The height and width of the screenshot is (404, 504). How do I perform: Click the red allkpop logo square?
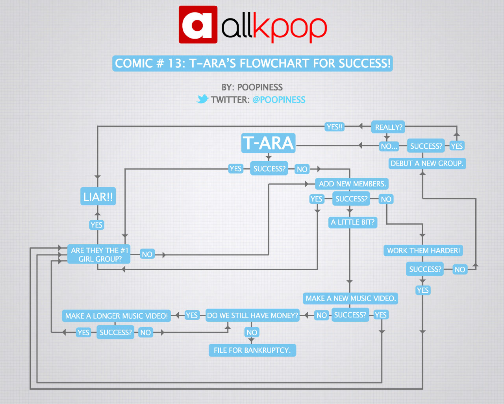click(x=198, y=24)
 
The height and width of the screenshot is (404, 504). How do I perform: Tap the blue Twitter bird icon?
click(x=202, y=99)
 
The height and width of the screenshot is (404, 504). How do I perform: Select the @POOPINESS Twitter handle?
click(x=279, y=100)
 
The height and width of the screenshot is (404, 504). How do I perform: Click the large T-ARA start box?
click(x=269, y=143)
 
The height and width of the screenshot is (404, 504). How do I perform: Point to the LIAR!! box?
click(x=98, y=197)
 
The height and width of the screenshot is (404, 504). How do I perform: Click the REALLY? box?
click(x=388, y=127)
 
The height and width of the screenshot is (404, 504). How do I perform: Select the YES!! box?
click(x=335, y=127)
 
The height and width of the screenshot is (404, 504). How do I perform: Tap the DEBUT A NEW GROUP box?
click(x=427, y=163)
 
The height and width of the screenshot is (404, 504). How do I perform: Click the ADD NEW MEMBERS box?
click(x=352, y=184)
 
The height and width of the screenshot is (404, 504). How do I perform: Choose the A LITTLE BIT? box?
click(x=352, y=222)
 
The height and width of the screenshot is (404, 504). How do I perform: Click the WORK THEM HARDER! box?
click(x=423, y=251)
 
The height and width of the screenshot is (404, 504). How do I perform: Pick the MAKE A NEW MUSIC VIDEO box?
click(x=350, y=298)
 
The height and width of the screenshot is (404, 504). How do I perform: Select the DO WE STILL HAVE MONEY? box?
click(x=252, y=315)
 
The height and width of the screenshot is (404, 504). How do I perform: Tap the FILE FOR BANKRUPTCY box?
click(x=252, y=350)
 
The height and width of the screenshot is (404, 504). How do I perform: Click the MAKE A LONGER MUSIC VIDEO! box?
click(x=116, y=316)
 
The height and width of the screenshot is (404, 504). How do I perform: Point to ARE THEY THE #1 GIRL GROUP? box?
click(x=99, y=255)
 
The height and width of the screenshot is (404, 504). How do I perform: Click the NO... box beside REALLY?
click(x=389, y=146)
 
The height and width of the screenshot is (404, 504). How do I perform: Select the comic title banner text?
click(x=252, y=63)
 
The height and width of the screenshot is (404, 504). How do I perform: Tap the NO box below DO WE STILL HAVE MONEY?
click(x=252, y=332)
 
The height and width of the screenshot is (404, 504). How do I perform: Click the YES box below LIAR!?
click(x=96, y=225)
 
